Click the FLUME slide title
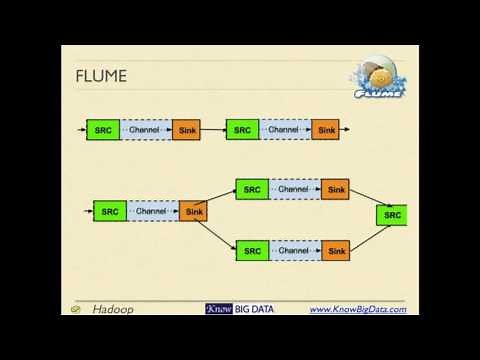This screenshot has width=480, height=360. (102, 77)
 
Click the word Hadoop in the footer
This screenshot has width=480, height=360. (113, 309)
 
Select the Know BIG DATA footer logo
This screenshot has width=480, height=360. (239, 309)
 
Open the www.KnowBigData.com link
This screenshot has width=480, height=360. (357, 309)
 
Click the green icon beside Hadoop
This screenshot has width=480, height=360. (76, 310)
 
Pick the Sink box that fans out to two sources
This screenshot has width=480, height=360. (194, 211)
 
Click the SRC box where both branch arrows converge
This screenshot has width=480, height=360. (392, 215)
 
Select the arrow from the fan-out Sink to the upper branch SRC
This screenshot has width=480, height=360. (221, 198)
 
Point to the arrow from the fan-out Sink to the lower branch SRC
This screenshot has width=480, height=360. (221, 229)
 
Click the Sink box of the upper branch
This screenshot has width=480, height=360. (336, 189)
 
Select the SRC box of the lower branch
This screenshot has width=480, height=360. (252, 250)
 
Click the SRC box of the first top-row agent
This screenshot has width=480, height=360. (102, 130)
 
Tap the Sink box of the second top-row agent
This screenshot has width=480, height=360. (325, 130)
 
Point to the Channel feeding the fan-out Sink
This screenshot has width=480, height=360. (151, 211)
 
